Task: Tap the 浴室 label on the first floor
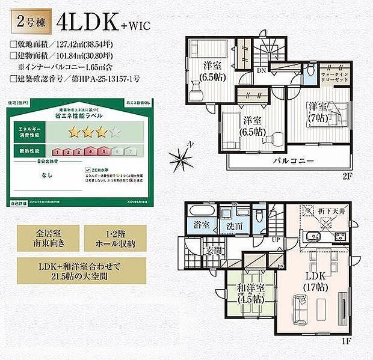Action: tap(202, 224)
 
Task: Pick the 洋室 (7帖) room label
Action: tap(320, 112)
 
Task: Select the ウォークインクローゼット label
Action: tap(334, 75)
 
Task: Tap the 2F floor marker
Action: tap(348, 175)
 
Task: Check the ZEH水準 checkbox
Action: tap(88, 169)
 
